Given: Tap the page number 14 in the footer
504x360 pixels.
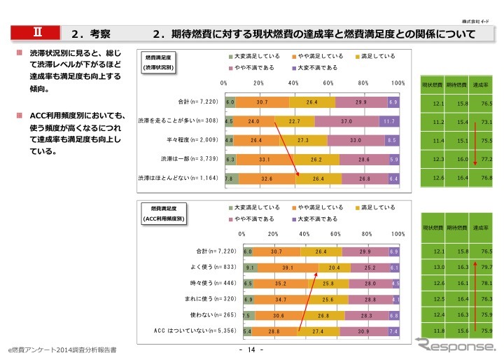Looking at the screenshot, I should [251, 349].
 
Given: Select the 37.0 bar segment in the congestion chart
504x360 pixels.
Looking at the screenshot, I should [346, 120].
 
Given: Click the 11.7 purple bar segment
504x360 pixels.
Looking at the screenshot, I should [389, 120].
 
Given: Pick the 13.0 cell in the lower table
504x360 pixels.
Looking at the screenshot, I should [439, 268].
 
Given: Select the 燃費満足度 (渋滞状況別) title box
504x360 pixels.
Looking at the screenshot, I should [158, 62].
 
